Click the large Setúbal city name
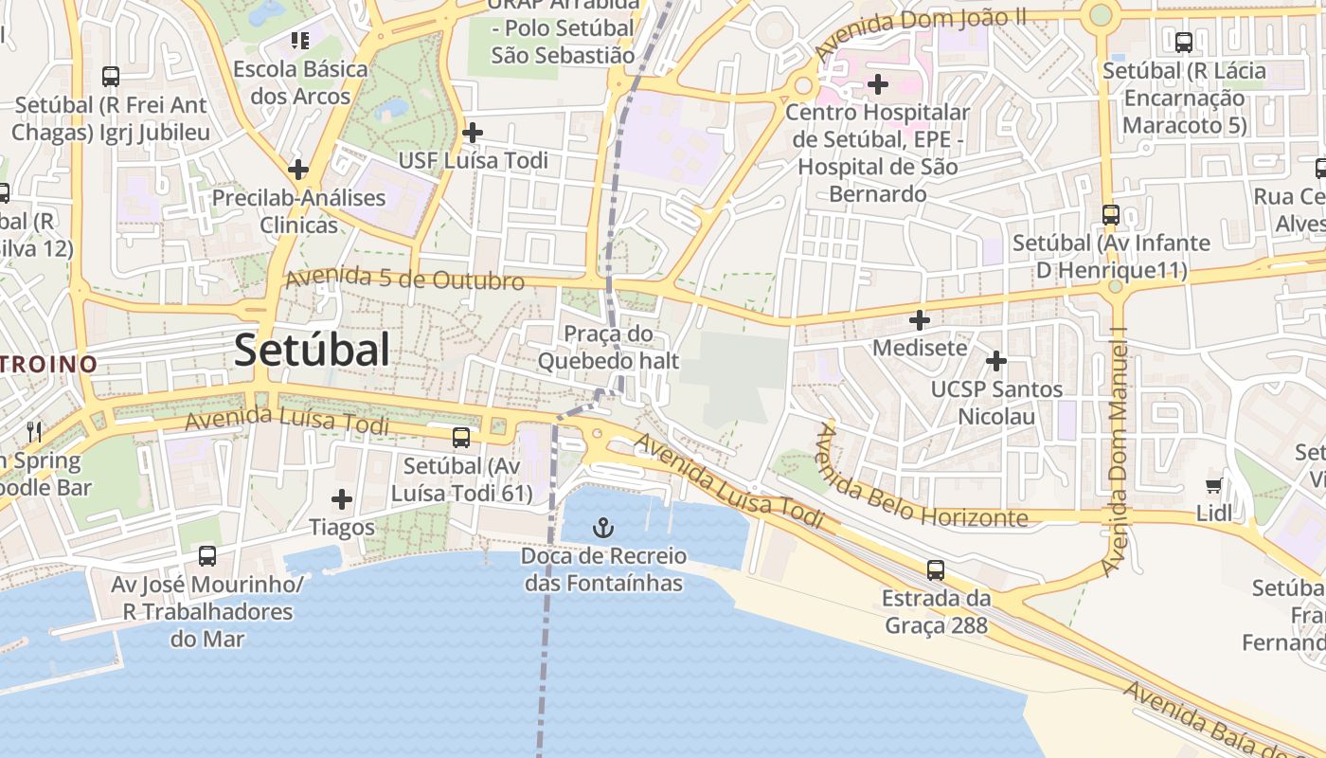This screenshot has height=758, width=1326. pyautogui.click(x=312, y=351)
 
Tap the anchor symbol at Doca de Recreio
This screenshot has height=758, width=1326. pyautogui.click(x=603, y=528)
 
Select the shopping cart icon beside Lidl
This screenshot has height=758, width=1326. pyautogui.click(x=1214, y=486)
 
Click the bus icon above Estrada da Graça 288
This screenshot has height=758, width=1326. pyautogui.click(x=936, y=570)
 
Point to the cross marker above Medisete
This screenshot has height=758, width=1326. pyautogui.click(x=919, y=320)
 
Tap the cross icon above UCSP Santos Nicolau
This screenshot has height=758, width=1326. pyautogui.click(x=995, y=361)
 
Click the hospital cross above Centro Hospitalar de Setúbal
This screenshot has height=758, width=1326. pyautogui.click(x=878, y=84)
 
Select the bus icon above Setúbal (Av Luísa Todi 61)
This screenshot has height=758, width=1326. pyautogui.click(x=461, y=437)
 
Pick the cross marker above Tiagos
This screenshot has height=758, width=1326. pyautogui.click(x=342, y=499)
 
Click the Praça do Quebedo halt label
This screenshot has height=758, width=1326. pyautogui.click(x=608, y=347)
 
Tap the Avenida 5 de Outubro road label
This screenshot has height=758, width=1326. pyautogui.click(x=404, y=280)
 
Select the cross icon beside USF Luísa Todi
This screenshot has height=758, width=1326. pyautogui.click(x=473, y=133)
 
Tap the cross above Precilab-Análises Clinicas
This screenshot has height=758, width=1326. pyautogui.click(x=298, y=170)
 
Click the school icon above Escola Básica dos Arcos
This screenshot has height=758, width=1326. pyautogui.click(x=300, y=41)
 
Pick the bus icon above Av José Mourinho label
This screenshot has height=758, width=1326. pyautogui.click(x=207, y=556)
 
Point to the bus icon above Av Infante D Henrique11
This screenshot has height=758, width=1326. pyautogui.click(x=1111, y=215)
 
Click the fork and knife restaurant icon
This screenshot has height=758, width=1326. pyautogui.click(x=34, y=432)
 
